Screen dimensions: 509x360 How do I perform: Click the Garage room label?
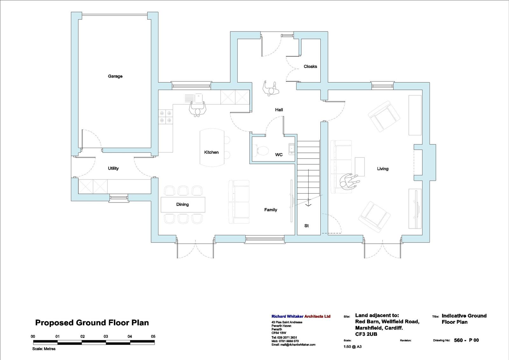click(x=115, y=76)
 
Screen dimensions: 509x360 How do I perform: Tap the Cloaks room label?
click(x=310, y=67)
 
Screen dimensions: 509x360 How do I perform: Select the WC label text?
click(x=279, y=155)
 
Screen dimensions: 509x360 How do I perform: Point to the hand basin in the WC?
click(x=291, y=149)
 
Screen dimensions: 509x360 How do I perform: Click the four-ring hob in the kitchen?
click(x=165, y=117)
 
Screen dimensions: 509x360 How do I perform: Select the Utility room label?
click(x=113, y=168)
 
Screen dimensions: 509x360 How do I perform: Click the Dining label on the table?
click(x=183, y=204)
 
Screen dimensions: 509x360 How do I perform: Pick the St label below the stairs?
click(x=307, y=226)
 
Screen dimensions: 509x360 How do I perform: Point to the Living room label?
click(x=383, y=169)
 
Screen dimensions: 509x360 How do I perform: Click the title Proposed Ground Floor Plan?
click(x=92, y=322)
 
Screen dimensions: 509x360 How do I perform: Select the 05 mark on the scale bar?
click(x=153, y=336)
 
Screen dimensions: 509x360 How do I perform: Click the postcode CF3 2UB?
click(x=366, y=334)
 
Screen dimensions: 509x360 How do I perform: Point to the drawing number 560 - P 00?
click(x=466, y=340)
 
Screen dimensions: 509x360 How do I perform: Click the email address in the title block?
click(x=293, y=345)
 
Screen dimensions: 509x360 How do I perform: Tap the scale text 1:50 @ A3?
click(x=352, y=347)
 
